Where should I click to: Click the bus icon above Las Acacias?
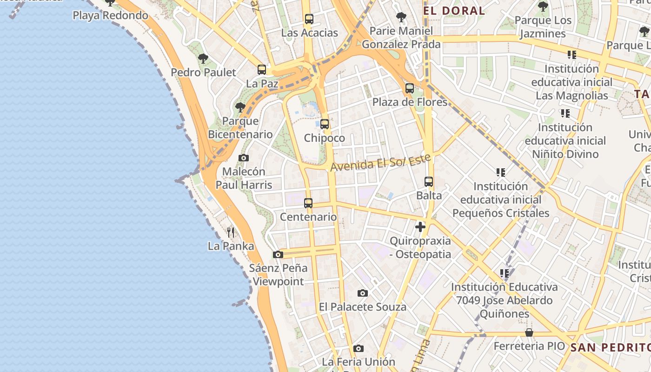[x=309, y=19]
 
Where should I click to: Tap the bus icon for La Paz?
[x=262, y=70]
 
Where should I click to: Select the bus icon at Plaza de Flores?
[x=410, y=88]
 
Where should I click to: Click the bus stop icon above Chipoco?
[x=325, y=124]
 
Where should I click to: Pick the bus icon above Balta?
[x=429, y=182]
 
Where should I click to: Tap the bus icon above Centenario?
[x=308, y=203]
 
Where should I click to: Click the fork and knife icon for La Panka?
[x=231, y=232]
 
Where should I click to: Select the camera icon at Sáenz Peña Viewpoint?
[x=278, y=254]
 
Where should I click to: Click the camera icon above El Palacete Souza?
[x=363, y=293]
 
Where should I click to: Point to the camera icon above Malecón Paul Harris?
[x=244, y=158]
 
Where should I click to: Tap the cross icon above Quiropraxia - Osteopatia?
[x=420, y=227]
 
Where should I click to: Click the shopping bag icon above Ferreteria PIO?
[x=529, y=332]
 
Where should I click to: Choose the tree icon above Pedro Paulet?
[x=203, y=59]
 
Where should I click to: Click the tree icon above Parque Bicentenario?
[x=240, y=107]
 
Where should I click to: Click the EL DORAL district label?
[x=454, y=11]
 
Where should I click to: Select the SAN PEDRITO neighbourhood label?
[x=610, y=347]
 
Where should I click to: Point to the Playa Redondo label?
[x=110, y=15]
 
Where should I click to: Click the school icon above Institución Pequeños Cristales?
[x=501, y=173]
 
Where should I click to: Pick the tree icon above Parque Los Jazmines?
[x=543, y=7]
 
